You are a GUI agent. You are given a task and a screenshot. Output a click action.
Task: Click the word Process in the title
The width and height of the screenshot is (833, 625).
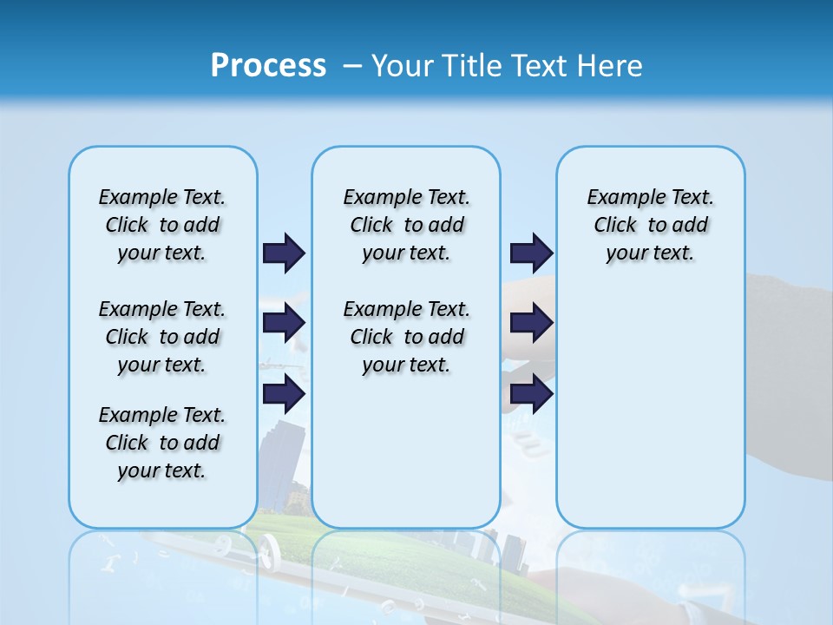268,66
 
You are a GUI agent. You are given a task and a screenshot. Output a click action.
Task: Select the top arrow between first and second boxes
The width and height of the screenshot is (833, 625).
284,253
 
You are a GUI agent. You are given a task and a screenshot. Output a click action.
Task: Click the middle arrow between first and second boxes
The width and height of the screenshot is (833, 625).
284,323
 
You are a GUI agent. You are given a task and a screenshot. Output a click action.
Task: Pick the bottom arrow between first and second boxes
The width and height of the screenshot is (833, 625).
284,394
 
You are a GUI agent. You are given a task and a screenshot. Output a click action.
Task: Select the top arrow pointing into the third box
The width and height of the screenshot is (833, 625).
531,253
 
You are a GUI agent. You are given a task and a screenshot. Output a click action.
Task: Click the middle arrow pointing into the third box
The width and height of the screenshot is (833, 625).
531,323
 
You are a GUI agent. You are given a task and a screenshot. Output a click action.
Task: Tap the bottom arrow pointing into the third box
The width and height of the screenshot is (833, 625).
531,394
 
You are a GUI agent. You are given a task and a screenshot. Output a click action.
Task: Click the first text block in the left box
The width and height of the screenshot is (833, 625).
162,225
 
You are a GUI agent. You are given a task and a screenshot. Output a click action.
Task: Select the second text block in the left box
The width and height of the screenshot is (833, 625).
162,337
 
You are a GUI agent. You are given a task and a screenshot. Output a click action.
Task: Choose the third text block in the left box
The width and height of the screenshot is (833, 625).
162,443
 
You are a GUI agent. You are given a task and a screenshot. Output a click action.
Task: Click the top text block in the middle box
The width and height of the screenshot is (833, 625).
406,225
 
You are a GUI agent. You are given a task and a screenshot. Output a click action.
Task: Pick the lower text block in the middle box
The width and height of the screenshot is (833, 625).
406,337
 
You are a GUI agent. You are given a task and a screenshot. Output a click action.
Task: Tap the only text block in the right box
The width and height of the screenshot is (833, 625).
650,225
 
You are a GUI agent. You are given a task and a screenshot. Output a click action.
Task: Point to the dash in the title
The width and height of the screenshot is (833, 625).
352,66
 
